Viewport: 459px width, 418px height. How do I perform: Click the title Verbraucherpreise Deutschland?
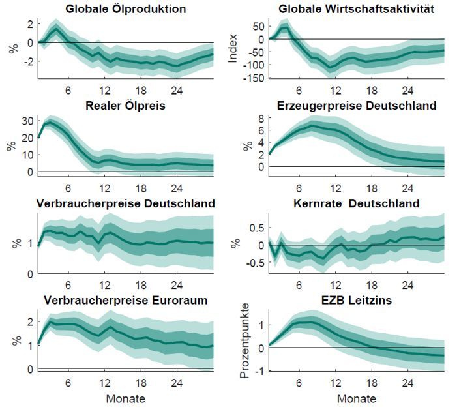click(126, 203)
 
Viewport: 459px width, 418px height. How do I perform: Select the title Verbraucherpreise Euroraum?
click(126, 301)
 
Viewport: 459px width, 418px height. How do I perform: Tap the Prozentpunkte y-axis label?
click(244, 345)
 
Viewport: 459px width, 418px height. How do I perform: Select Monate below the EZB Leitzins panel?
click(353, 398)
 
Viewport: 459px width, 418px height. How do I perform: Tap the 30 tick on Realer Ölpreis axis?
click(26, 120)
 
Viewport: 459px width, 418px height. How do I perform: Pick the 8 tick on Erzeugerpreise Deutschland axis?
click(258, 118)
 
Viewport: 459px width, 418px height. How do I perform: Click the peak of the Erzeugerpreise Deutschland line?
click(312, 126)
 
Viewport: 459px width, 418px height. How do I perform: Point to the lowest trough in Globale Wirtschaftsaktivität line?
click(331, 67)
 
